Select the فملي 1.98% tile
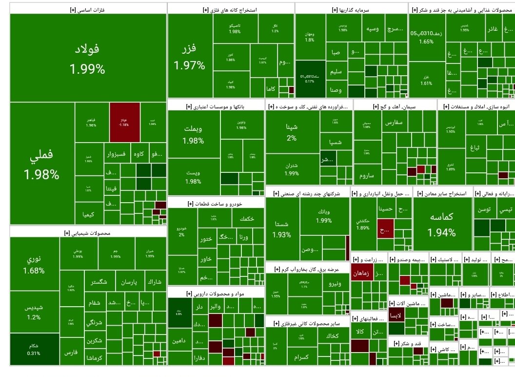click(x=41, y=164)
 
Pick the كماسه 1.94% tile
click(x=443, y=224)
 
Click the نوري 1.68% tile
click(x=34, y=264)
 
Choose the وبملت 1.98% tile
click(x=193, y=134)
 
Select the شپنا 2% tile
click(x=292, y=132)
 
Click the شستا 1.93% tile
click(x=282, y=229)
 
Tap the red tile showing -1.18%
click(x=124, y=122)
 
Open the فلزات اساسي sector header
click(x=88, y=9)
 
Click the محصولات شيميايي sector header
click(x=88, y=233)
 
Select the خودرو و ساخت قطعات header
click(x=216, y=203)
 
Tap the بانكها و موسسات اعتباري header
click(x=216, y=106)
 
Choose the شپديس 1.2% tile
click(x=34, y=313)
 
